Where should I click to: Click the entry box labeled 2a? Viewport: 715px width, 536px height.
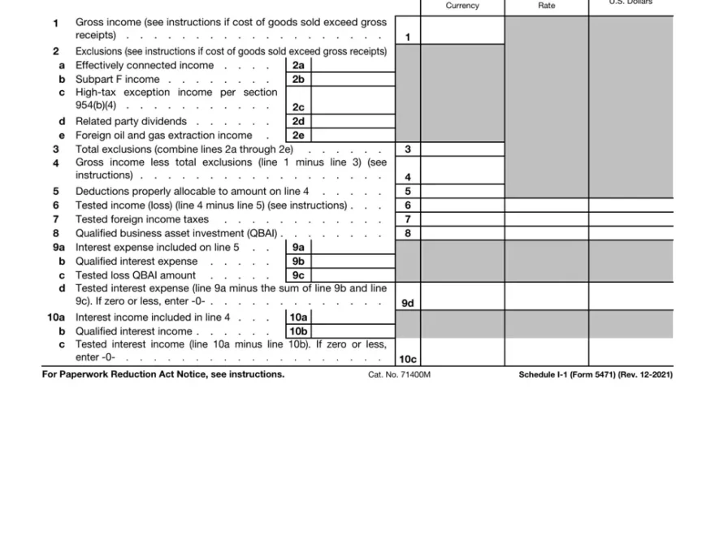coord(298,66)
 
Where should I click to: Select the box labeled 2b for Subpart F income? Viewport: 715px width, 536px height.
coord(298,80)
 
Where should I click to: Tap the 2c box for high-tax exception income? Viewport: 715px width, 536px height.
coord(298,107)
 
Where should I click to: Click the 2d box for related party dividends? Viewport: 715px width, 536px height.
coord(298,122)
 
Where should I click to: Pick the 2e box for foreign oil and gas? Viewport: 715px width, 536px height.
coord(298,136)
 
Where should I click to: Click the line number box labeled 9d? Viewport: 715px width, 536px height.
coord(408,303)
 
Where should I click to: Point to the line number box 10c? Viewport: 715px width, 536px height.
coord(408,359)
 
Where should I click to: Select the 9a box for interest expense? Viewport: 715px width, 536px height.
coord(298,248)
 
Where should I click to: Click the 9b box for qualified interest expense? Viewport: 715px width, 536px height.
coord(298,262)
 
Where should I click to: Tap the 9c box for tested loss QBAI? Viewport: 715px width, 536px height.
coord(298,275)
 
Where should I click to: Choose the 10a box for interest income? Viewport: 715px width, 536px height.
coord(298,318)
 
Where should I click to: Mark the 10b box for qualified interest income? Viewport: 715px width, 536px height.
coord(298,331)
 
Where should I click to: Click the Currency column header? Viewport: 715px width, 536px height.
coord(462,6)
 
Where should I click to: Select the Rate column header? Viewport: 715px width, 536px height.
coord(547,6)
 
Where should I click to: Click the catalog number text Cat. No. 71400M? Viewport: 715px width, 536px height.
coord(399,374)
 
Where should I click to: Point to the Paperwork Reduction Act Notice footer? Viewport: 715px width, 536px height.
coord(163,374)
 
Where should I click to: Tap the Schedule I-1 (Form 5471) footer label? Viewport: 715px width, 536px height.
coord(596,374)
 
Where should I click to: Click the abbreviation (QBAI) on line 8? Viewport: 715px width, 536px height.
coord(261,234)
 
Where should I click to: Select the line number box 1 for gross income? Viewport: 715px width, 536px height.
coord(408,37)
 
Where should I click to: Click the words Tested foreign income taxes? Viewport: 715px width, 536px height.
coord(142,219)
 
